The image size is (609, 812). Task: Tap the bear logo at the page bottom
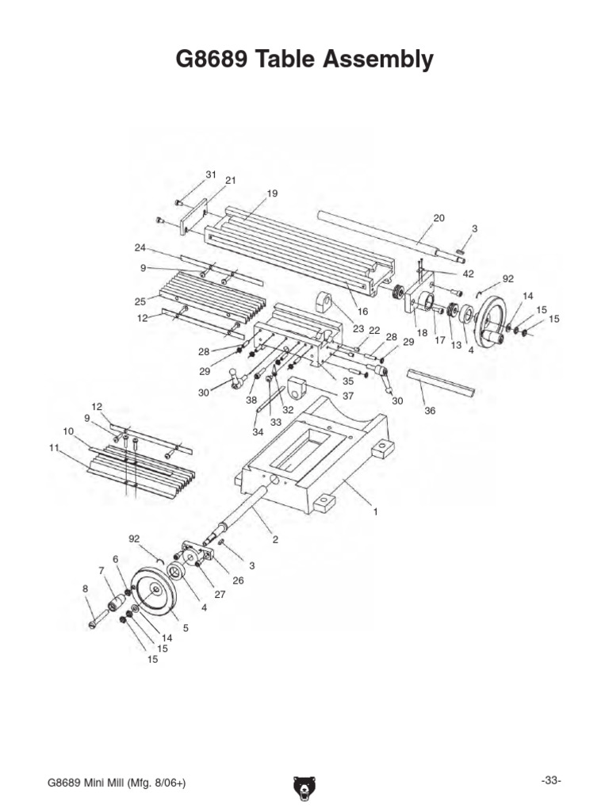tap(304, 787)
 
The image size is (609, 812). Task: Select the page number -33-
tap(551, 781)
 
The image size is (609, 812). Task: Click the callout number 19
tap(272, 193)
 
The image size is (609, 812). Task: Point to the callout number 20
tap(439, 217)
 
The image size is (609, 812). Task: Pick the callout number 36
tap(431, 411)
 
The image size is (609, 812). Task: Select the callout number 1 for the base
tap(375, 511)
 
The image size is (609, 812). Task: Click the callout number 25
tap(140, 301)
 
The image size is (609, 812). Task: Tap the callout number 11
tap(54, 448)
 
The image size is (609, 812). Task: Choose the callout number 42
tap(468, 273)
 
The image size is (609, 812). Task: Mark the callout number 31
tap(210, 174)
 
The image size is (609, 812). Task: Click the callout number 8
tap(85, 588)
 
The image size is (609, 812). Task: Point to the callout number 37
tap(347, 395)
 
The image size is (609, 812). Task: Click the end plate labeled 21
tap(193, 216)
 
